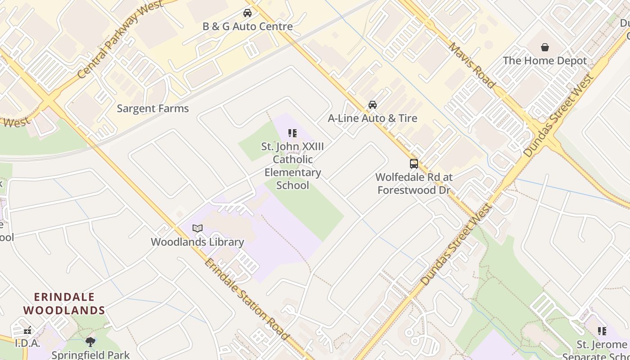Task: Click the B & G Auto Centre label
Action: (247, 27)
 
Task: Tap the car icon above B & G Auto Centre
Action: (247, 13)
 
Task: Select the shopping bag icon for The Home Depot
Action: (544, 47)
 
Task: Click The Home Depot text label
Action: (544, 61)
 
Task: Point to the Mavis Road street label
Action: (472, 65)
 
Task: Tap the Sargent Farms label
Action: (153, 108)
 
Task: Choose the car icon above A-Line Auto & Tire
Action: (373, 105)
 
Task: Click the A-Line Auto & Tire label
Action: (373, 118)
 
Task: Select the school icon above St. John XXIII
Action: (292, 133)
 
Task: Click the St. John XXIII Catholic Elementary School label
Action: (292, 166)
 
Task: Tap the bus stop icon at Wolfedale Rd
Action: (414, 164)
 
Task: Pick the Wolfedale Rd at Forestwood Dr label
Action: (414, 184)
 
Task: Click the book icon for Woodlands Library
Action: (198, 229)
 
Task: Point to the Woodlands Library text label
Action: (198, 242)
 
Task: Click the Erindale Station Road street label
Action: (246, 299)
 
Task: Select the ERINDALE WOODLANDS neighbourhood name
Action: (64, 304)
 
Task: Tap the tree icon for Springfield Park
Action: (90, 342)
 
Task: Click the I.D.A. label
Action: (27, 344)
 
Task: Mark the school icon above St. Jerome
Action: (602, 332)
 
